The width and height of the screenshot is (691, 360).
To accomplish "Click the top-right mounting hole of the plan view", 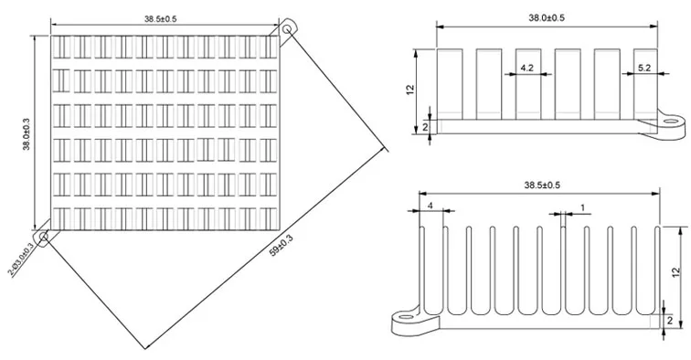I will pyautogui.click(x=289, y=30).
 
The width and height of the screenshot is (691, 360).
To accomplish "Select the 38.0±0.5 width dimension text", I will pyautogui.click(x=546, y=18).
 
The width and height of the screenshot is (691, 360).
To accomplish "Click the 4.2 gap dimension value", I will pyautogui.click(x=526, y=69).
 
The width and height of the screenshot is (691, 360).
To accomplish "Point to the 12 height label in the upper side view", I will pyautogui.click(x=410, y=89).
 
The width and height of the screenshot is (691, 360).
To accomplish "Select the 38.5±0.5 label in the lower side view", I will pyautogui.click(x=542, y=185).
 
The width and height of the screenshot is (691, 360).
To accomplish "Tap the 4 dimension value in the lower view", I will pyautogui.click(x=431, y=206).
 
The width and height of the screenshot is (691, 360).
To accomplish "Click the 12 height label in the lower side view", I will pyautogui.click(x=675, y=271).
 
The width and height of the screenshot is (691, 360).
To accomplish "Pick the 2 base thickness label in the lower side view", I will pyautogui.click(x=671, y=321).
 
